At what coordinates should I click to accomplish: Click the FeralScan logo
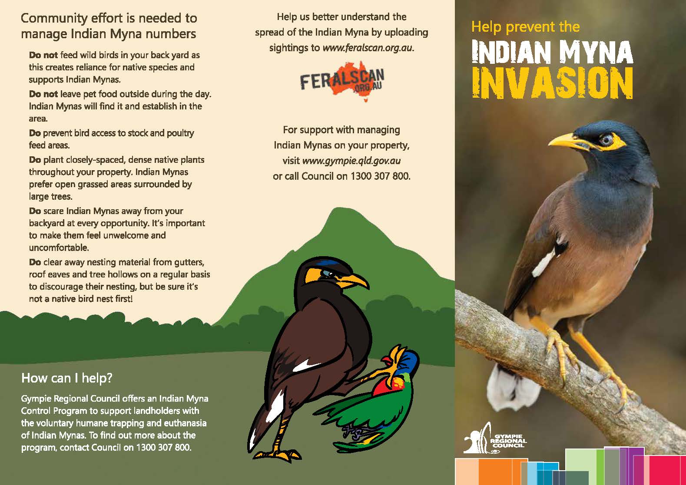342,80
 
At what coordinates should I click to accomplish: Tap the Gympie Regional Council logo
495,438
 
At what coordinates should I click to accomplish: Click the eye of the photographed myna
606,140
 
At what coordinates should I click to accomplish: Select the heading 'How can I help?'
67,378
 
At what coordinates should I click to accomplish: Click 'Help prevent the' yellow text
525,27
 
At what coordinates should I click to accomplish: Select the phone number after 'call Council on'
380,176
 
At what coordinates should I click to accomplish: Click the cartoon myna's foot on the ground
275,455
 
